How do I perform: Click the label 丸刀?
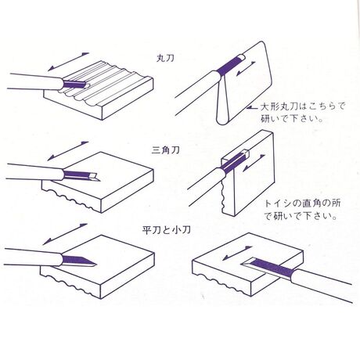(x=165, y=58)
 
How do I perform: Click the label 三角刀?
(x=165, y=150)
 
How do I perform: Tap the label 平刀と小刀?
(x=167, y=230)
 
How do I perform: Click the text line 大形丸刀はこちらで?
(x=302, y=106)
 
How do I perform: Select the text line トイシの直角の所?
(x=303, y=203)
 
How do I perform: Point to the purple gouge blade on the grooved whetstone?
(x=75, y=84)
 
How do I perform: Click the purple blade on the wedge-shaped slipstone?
(x=229, y=65)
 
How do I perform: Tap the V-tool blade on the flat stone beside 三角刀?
(x=81, y=175)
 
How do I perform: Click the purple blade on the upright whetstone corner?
(x=234, y=162)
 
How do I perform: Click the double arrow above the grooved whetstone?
(x=68, y=62)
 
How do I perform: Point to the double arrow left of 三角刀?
(x=68, y=151)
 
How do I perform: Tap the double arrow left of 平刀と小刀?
(x=65, y=234)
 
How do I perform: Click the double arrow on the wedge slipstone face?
(x=246, y=69)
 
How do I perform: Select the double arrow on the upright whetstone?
(x=254, y=163)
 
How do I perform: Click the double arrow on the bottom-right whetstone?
(x=237, y=254)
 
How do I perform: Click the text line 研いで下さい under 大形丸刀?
(x=291, y=119)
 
